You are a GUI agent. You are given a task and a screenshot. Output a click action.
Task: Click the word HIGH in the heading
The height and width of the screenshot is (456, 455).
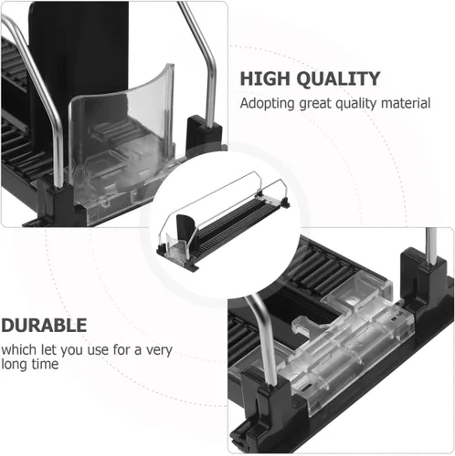[x=265, y=78]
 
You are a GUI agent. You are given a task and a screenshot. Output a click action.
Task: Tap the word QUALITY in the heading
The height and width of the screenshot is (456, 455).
[x=338, y=79]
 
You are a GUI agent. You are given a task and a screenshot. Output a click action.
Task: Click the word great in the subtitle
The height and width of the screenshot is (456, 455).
[x=315, y=104]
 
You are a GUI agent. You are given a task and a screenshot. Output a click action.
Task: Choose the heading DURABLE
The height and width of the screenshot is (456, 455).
[x=44, y=326]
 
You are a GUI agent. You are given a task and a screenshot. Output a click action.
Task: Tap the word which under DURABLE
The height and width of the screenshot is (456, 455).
[x=19, y=349]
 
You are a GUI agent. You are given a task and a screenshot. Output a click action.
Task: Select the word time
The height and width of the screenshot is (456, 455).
[x=45, y=364]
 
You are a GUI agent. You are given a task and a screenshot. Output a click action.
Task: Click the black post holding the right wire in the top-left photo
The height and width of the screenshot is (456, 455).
[x=203, y=134]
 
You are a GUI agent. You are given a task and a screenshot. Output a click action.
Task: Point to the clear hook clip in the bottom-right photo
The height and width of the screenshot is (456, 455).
[x=308, y=324]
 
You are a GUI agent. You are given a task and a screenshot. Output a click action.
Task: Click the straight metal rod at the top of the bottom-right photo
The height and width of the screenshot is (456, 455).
[x=431, y=245]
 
